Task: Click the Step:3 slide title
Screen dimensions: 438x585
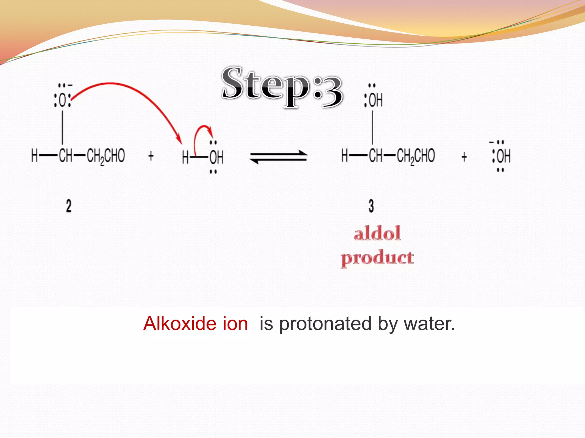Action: [x=282, y=87]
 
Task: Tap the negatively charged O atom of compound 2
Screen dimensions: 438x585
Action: [x=63, y=100]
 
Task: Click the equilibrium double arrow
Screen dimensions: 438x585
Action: [x=279, y=157]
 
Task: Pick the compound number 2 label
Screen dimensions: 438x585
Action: [x=69, y=206]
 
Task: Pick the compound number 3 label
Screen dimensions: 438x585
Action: [x=371, y=206]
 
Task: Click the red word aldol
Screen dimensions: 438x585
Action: [x=377, y=233]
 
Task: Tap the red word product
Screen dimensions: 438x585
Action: [x=377, y=258]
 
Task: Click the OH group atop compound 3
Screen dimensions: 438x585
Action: [x=375, y=100]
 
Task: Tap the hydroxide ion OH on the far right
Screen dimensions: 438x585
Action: [x=503, y=156]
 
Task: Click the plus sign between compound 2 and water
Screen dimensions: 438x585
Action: [x=151, y=156]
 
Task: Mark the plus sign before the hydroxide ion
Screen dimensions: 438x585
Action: [x=464, y=157]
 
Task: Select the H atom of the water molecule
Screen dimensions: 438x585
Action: [x=185, y=157]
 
